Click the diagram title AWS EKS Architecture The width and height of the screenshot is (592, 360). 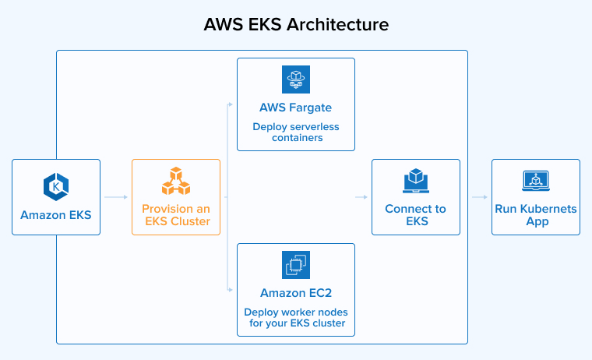[296, 24]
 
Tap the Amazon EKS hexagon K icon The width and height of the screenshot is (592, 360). [56, 185]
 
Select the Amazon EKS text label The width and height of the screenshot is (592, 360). [56, 214]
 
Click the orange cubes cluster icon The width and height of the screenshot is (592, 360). [176, 182]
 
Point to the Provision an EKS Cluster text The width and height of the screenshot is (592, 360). [176, 215]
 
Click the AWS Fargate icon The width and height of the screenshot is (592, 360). [296, 80]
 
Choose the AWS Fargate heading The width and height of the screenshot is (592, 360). [296, 107]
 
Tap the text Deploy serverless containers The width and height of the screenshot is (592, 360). [296, 132]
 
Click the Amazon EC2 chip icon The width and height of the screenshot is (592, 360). [296, 265]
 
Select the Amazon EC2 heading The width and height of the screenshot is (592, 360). [296, 292]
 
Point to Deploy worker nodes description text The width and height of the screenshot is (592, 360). [296, 317]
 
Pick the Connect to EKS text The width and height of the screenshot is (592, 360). [416, 215]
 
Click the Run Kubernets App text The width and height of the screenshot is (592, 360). [536, 215]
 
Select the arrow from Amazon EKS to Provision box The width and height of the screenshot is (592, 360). [116, 197]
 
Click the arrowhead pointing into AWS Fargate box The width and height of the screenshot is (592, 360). [231, 104]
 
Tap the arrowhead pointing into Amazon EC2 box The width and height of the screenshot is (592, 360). [231, 290]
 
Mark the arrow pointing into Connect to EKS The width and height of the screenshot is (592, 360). [363, 197]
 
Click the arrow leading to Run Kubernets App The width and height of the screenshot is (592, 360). [480, 197]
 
